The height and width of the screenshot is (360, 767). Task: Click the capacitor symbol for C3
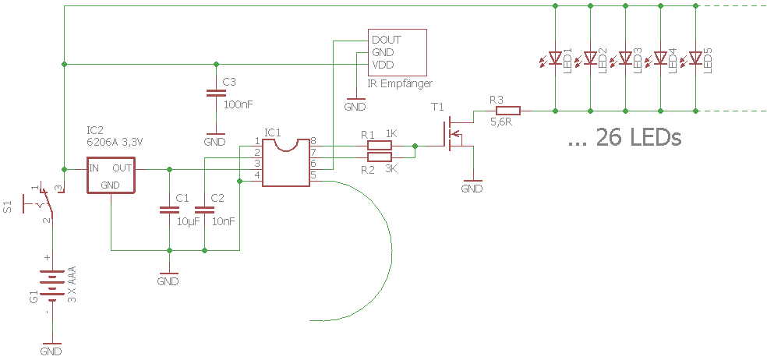[x=216, y=94]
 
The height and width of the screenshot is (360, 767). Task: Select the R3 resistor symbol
[x=508, y=111]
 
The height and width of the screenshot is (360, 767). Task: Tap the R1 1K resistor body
[x=380, y=145]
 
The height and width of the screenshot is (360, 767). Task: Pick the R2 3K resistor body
[x=380, y=157]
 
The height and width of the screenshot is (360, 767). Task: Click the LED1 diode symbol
[x=555, y=58]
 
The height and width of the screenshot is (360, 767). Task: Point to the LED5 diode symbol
[x=695, y=58]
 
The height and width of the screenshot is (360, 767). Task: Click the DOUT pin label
[x=387, y=40]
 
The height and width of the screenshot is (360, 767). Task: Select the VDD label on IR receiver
[x=383, y=65]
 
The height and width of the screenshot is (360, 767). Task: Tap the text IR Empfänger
[x=400, y=83]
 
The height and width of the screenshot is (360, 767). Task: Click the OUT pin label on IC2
[x=122, y=168]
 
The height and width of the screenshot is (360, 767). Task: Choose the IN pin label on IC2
[x=94, y=168]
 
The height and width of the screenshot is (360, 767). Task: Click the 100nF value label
[x=238, y=104]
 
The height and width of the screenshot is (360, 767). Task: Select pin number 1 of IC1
[x=257, y=141]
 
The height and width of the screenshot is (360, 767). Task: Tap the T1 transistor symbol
[x=454, y=132]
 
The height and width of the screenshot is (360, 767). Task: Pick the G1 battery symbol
[x=51, y=284]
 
